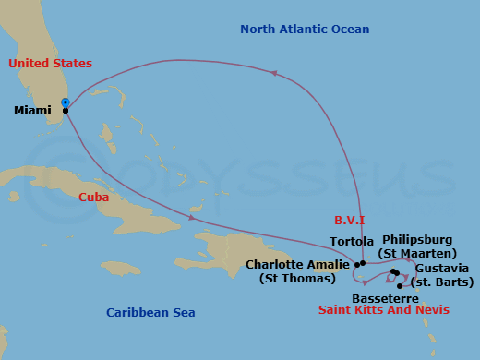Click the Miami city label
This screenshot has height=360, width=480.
click(33, 111)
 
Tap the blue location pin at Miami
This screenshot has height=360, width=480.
click(65, 102)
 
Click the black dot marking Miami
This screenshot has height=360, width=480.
click(65, 111)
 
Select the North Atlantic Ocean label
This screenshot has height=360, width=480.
click(305, 30)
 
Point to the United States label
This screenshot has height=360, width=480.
click(51, 64)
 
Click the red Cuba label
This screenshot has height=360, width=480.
click(94, 197)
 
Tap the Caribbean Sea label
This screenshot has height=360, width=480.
click(150, 313)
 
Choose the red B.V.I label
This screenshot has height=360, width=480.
click(350, 220)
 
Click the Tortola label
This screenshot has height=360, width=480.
click(352, 242)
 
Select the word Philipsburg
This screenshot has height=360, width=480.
click(418, 240)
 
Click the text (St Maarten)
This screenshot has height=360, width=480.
click(418, 254)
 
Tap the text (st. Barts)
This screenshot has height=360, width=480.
click(439, 282)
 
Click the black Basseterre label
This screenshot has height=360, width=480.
click(385, 299)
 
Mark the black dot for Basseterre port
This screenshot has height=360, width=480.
click(399, 286)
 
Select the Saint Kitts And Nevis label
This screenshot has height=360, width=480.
click(384, 311)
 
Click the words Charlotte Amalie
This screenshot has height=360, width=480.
click(298, 264)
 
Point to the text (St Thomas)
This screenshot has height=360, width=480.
click(298, 278)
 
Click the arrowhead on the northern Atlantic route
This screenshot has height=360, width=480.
click(274, 73)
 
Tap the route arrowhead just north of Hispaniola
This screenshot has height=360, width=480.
click(191, 218)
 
